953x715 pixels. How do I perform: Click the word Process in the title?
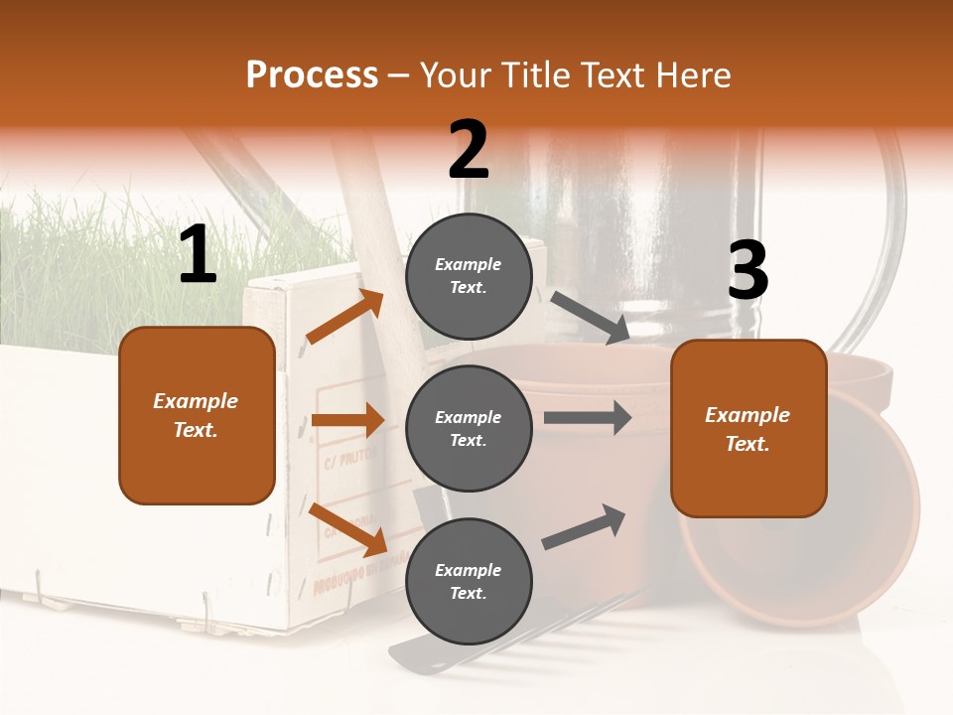(312, 75)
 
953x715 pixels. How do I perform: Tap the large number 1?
(198, 255)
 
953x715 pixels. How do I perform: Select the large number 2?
(469, 150)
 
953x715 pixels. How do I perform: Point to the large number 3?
(748, 270)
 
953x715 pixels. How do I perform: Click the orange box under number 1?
(197, 415)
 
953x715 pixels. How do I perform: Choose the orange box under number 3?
(749, 428)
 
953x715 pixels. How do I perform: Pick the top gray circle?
(469, 276)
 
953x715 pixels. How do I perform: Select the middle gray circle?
(469, 428)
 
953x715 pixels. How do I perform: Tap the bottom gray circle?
(469, 581)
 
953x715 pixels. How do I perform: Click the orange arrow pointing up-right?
(345, 317)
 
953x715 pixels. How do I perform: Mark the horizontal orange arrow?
(347, 420)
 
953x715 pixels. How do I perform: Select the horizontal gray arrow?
(587, 417)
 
